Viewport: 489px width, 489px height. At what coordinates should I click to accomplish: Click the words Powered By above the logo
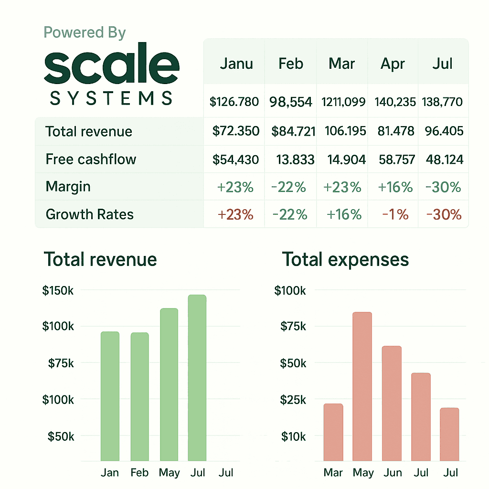85,33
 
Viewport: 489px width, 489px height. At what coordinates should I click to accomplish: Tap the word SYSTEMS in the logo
111,98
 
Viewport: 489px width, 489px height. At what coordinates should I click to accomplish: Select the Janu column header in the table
236,64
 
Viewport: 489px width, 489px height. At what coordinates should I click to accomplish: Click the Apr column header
393,64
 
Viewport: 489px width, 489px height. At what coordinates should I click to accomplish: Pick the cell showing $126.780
234,102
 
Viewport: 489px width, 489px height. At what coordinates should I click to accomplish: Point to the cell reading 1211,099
343,102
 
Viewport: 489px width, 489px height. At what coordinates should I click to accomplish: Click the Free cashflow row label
91,159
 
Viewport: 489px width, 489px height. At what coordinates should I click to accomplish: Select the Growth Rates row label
89,214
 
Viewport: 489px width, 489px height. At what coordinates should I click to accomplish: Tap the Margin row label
68,187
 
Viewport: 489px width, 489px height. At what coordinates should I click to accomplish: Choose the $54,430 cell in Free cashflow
235,159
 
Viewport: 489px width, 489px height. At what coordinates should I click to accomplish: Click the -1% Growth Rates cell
395,214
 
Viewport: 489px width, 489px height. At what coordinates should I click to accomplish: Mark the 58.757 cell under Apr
397,159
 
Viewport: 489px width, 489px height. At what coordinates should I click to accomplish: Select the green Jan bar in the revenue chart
110,396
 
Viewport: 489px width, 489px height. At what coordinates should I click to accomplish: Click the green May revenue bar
169,384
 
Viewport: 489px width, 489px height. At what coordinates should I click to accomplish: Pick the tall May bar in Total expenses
362,386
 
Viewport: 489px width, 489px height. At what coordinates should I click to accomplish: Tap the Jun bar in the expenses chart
392,403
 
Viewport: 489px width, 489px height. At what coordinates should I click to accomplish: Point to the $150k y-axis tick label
58,291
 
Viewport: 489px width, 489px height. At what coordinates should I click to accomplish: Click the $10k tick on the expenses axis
294,436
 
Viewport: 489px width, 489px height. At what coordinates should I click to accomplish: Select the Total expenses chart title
345,259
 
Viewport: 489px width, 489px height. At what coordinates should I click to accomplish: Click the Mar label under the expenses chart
333,472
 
